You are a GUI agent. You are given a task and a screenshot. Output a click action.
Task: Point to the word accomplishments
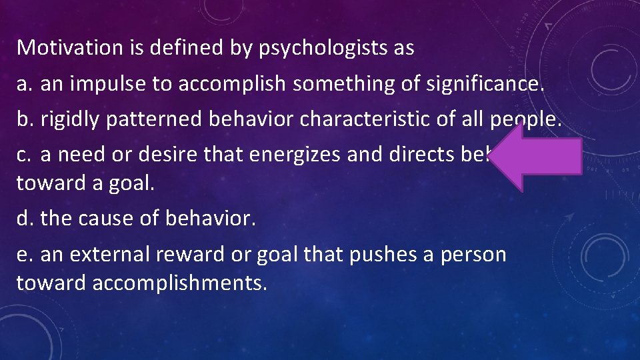pos(180,283)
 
